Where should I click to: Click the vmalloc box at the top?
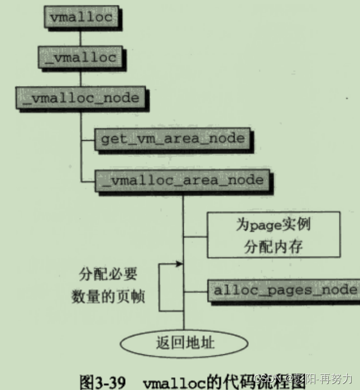pos(80,17)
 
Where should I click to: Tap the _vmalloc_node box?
pos(81,97)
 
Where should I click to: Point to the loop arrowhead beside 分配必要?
pos(179,263)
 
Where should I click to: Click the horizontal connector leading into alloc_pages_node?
pos(196,290)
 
